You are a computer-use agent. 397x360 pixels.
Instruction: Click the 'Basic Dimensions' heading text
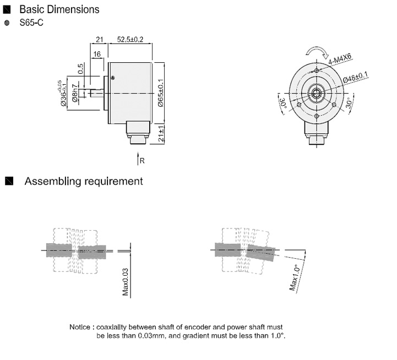[x=59, y=9]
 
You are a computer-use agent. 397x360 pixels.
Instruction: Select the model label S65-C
[x=32, y=23]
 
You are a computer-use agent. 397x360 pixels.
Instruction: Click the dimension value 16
[x=97, y=54]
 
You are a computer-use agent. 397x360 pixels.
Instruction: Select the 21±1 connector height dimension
[x=162, y=134]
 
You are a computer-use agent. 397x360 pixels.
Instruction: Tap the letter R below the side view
[x=142, y=161]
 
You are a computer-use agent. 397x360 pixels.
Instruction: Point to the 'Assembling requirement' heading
[x=83, y=181]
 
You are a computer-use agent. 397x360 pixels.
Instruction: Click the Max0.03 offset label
[x=126, y=282]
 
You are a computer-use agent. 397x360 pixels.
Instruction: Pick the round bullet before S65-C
[x=7, y=23]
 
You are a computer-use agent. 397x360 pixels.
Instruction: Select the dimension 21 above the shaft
[x=100, y=39]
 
